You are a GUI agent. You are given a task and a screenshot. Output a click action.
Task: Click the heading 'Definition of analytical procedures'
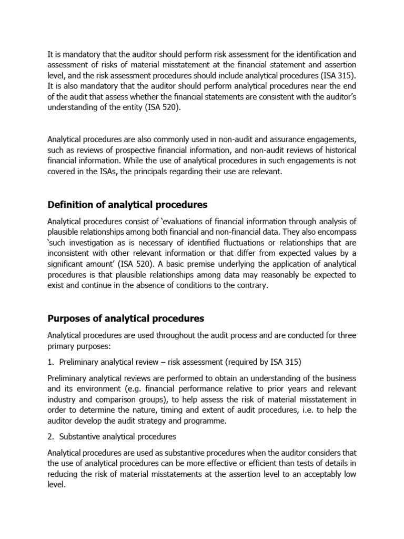[127, 204]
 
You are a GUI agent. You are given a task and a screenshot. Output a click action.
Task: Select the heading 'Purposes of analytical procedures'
[126, 318]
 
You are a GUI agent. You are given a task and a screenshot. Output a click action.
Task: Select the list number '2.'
[51, 436]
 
